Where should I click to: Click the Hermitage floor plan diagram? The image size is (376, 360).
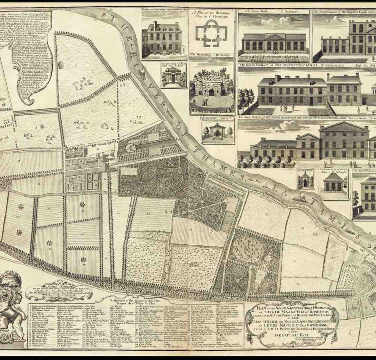(x=211, y=32)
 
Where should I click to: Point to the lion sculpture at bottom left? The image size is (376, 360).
(x=12, y=304)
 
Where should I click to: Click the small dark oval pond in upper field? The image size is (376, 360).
(x=61, y=65)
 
